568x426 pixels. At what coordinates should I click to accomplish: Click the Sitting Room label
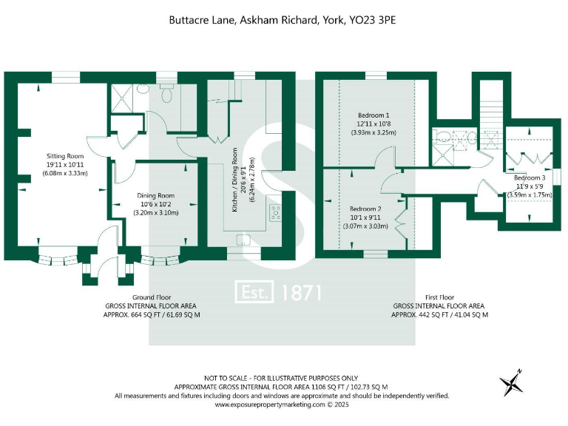[66, 157]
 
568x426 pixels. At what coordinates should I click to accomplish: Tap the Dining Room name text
[155, 195]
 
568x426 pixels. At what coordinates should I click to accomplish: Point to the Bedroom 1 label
[373, 115]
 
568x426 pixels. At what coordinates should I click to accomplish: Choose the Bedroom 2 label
[365, 209]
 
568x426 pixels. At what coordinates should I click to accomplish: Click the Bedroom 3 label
[530, 178]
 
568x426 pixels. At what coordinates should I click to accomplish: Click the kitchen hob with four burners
[275, 213]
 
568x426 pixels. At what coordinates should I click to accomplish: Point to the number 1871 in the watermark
[302, 292]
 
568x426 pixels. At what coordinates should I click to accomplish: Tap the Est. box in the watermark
[255, 292]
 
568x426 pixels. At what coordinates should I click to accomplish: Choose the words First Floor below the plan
[439, 297]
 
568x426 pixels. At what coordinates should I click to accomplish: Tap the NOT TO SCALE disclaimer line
[281, 378]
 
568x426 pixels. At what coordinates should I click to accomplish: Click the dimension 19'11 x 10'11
[66, 166]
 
